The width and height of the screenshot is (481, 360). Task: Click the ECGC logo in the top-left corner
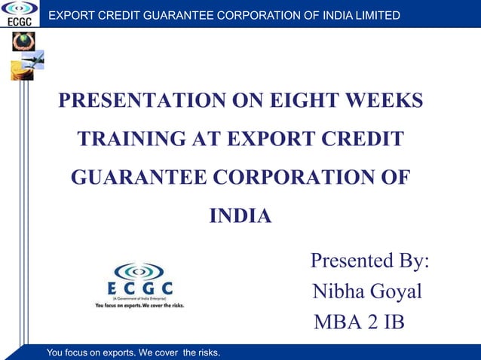click(x=19, y=13)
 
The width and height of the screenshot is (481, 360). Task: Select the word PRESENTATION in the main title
click(x=135, y=101)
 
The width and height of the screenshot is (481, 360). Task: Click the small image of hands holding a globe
click(x=23, y=41)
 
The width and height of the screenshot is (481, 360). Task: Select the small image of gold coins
click(x=19, y=72)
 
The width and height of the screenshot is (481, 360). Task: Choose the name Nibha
click(x=338, y=291)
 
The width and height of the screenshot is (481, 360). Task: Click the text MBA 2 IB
click(x=359, y=322)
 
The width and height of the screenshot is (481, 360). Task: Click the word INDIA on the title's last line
click(x=240, y=217)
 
